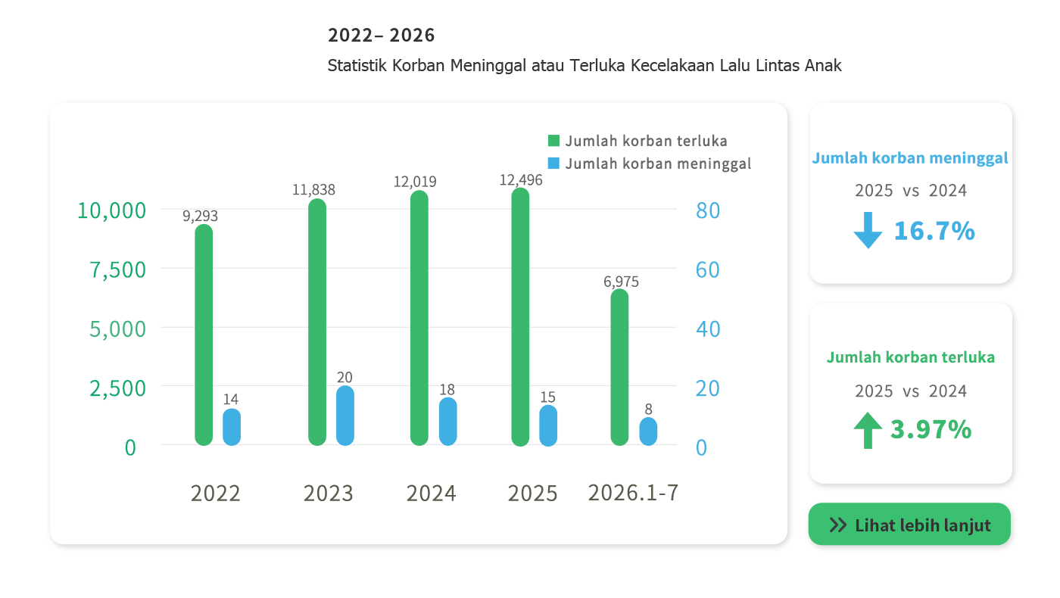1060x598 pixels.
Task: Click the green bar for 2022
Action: coord(204,335)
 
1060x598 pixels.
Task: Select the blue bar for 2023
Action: coord(345,416)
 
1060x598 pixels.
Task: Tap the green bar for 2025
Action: coord(520,317)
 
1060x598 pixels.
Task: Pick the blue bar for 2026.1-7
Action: coord(648,431)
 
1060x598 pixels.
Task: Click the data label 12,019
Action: coord(415,182)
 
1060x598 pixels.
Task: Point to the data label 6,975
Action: coord(621,282)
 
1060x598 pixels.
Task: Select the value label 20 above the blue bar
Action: coord(344,377)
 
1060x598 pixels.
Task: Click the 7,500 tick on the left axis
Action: coord(118,270)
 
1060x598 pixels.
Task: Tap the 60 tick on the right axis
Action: coord(707,269)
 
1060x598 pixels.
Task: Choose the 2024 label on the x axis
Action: coord(431,494)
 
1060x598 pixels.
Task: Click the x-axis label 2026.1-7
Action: coord(633,493)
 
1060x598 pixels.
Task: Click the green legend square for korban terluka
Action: coord(553,141)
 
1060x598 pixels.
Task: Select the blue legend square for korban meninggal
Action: coord(553,164)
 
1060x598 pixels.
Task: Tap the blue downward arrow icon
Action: coord(868,230)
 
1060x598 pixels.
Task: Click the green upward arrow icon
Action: coord(868,431)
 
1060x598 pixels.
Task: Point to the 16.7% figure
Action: coord(934,231)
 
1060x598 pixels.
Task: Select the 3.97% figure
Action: coord(931,430)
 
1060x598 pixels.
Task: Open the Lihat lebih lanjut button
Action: coord(909,524)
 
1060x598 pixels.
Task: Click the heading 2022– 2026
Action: coord(381,36)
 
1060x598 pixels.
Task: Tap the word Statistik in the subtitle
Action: coord(357,65)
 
